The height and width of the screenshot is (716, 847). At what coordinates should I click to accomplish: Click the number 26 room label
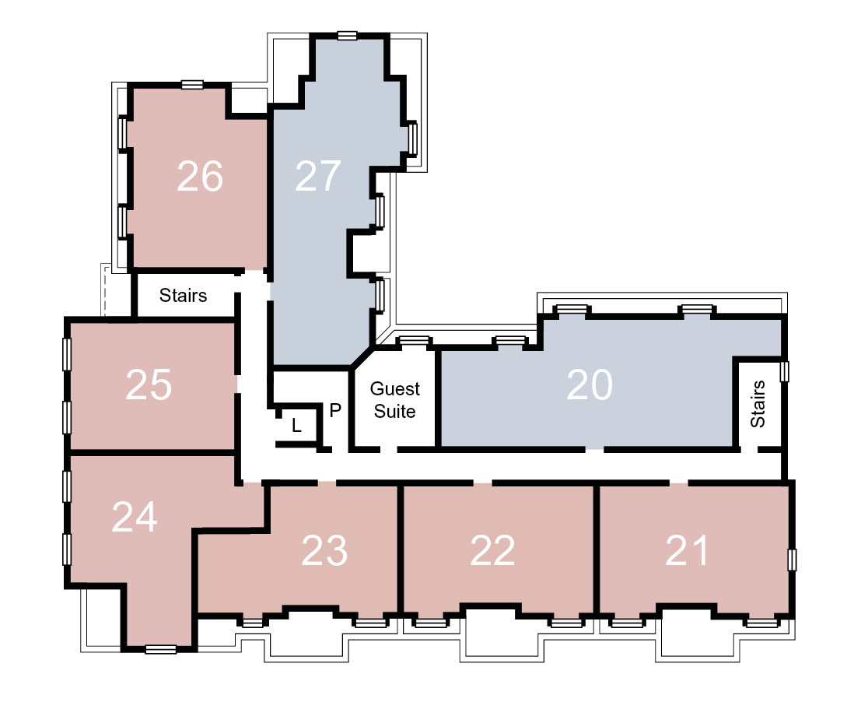(x=200, y=176)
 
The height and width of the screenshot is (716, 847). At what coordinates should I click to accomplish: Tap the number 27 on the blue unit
(x=317, y=176)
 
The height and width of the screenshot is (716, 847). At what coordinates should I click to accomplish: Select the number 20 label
(x=590, y=384)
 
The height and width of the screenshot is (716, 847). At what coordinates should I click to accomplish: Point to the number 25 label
(x=149, y=384)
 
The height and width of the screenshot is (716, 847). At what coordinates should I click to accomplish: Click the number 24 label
(x=135, y=517)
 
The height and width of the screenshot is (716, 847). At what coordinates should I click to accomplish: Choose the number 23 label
(x=324, y=551)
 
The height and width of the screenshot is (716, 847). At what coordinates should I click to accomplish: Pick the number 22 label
(x=492, y=551)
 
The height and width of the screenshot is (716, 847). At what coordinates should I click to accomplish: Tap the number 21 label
(x=687, y=551)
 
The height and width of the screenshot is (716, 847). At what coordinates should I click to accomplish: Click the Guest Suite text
(x=395, y=400)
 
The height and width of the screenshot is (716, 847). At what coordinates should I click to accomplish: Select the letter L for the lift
(x=296, y=426)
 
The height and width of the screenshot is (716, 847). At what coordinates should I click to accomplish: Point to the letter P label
(x=335, y=410)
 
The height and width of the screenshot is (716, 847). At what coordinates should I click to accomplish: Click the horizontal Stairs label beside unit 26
(x=183, y=295)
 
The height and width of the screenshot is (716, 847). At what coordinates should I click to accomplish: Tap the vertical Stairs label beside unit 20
(x=758, y=404)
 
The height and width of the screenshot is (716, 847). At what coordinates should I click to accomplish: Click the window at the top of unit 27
(x=348, y=36)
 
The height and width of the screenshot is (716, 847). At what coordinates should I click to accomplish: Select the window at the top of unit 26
(x=192, y=85)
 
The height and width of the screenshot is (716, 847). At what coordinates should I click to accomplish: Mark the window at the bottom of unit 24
(x=161, y=649)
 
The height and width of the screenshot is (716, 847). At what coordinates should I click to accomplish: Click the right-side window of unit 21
(x=791, y=560)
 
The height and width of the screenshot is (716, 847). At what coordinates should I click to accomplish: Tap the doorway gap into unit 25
(x=236, y=384)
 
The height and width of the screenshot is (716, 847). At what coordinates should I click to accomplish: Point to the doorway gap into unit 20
(x=594, y=449)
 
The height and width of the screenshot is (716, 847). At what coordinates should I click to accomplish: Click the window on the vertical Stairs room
(x=784, y=371)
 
